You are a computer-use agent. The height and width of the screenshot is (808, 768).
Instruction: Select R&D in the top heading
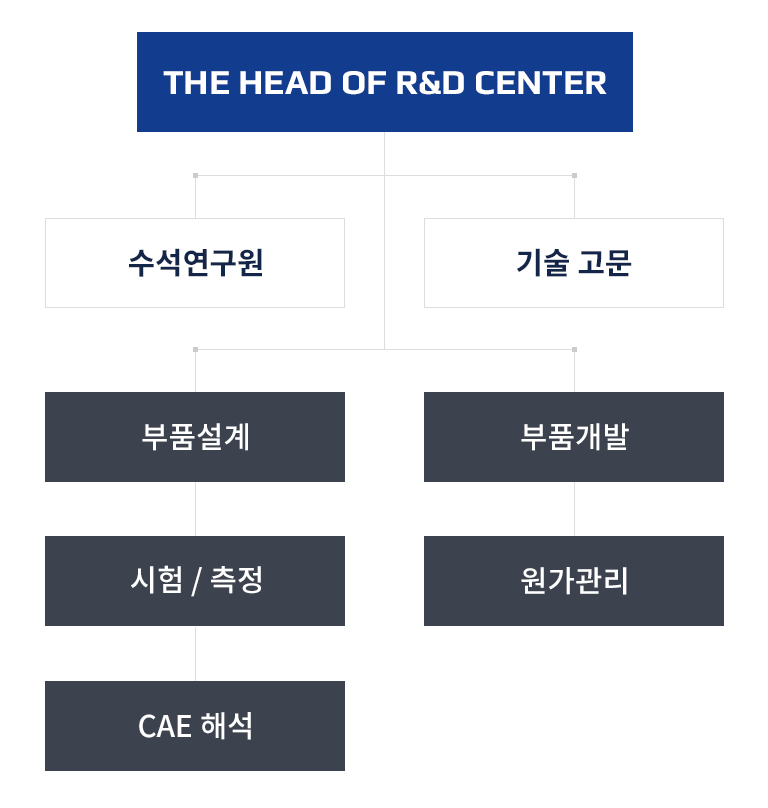coord(431,82)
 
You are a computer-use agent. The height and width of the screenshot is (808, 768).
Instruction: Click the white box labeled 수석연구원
coord(195,263)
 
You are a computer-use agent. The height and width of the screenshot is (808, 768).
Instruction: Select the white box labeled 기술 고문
coord(574,263)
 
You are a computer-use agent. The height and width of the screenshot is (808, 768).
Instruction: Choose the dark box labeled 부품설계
coord(195,437)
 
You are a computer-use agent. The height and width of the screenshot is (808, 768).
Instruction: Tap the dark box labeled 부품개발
coord(574,437)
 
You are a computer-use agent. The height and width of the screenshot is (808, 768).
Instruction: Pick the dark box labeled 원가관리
coord(574,581)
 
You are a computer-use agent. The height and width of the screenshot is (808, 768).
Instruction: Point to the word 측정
coord(237,580)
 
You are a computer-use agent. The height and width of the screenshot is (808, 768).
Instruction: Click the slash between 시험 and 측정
coord(196,581)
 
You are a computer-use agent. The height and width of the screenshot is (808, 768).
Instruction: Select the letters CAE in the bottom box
coord(164,726)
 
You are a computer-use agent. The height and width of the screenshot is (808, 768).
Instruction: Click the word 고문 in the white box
coord(603,263)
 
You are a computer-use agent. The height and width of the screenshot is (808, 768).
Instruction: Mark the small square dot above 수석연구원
coord(195,175)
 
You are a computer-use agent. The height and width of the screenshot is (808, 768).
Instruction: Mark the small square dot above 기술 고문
coord(574,175)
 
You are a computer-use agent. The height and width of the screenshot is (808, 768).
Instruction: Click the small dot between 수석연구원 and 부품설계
coord(195,349)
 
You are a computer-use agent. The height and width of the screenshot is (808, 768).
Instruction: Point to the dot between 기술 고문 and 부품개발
coord(574,349)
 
